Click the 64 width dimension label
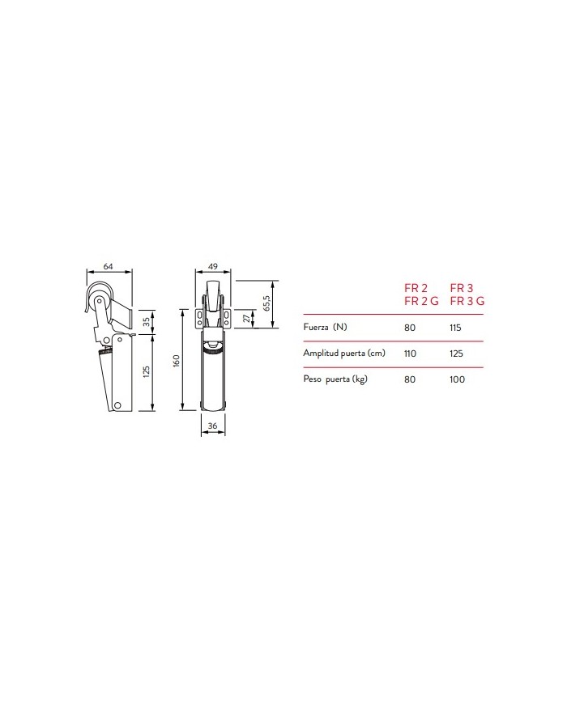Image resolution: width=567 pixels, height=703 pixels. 109,266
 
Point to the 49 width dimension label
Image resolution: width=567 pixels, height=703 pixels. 213,266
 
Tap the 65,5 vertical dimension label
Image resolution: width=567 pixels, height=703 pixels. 266,303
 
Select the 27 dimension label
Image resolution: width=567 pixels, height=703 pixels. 246,318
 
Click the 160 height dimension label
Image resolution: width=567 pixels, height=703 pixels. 177,362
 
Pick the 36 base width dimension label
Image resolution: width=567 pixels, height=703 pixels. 213,426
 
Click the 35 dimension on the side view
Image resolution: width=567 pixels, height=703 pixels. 147,322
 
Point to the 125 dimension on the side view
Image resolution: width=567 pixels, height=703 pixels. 147,371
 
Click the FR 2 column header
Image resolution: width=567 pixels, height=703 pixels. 416,288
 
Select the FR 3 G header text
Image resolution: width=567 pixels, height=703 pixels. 467,301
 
